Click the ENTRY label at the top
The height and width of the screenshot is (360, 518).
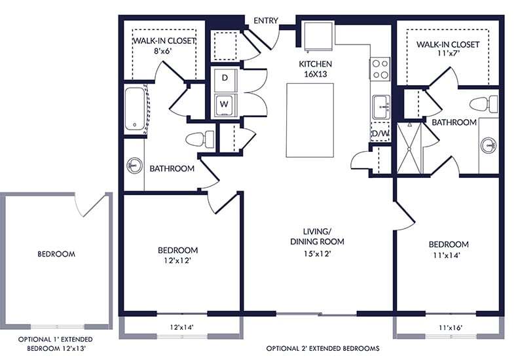pyautogui.click(x=266, y=20)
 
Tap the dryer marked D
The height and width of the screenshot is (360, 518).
pyautogui.click(x=225, y=78)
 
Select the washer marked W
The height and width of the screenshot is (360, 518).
pyautogui.click(x=225, y=103)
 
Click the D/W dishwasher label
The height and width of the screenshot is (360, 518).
pyautogui.click(x=380, y=134)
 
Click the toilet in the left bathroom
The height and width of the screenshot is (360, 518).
pyautogui.click(x=200, y=139)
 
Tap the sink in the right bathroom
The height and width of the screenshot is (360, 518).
pyautogui.click(x=488, y=145)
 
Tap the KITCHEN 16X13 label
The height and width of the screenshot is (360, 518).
pyautogui.click(x=316, y=69)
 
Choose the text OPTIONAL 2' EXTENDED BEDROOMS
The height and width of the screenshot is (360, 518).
pyautogui.click(x=323, y=348)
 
